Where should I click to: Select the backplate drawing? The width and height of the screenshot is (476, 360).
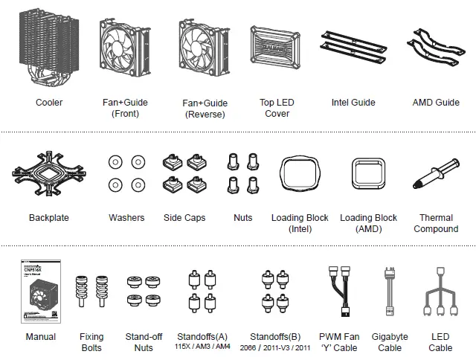coord(48,176)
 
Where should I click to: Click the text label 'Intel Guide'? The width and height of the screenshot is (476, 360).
coord(353,103)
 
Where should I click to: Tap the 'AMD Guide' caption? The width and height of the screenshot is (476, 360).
coord(436,103)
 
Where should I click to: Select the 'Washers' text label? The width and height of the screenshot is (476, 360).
coord(126,218)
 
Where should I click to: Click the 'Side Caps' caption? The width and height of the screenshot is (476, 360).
coord(184,218)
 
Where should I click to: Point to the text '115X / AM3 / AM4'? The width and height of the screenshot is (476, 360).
coord(203,347)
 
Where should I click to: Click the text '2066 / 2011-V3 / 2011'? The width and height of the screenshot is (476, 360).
coord(276,347)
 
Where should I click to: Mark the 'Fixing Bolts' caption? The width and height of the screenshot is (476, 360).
coord(91,342)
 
